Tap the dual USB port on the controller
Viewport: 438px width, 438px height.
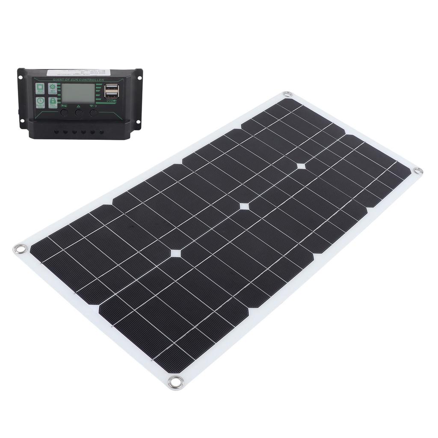pyautogui.click(x=112, y=90)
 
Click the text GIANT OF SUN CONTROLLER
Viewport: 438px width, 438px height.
pyautogui.click(x=78, y=80)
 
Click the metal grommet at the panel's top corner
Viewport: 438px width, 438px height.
pyautogui.click(x=287, y=94)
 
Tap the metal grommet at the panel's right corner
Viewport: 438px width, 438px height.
pyautogui.click(x=418, y=171)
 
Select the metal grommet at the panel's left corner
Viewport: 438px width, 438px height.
pyautogui.click(x=20, y=249)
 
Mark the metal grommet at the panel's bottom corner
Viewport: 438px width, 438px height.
pyautogui.click(x=175, y=382)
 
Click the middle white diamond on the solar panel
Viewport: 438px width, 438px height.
pyautogui.click(x=244, y=206)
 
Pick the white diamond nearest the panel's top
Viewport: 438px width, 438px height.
pyautogui.click(x=301, y=166)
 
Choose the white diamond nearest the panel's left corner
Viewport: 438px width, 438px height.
pyautogui.click(x=175, y=253)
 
